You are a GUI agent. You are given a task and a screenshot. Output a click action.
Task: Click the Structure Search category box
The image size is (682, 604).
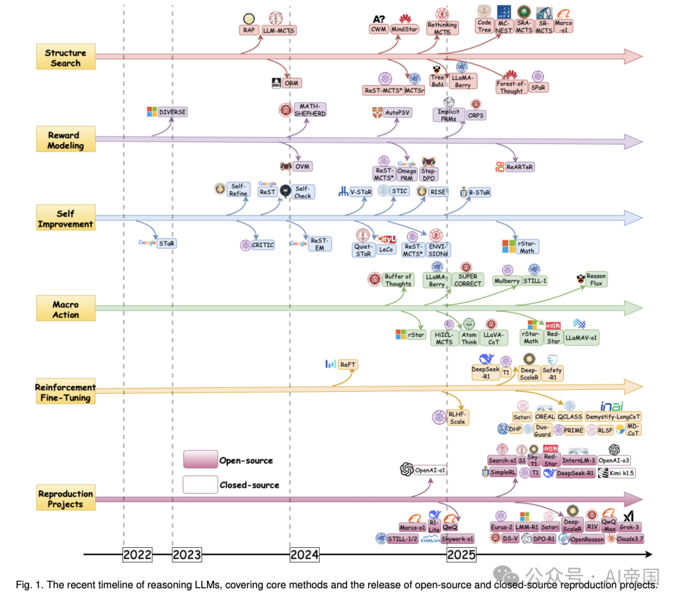[66, 57]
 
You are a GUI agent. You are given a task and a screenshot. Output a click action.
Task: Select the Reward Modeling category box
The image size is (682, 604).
[66, 140]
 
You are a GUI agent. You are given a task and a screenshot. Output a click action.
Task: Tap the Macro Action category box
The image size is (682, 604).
[66, 310]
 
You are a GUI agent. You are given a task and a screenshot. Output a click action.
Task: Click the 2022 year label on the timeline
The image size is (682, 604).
[138, 555]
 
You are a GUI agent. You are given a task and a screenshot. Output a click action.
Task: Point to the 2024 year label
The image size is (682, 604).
[304, 555]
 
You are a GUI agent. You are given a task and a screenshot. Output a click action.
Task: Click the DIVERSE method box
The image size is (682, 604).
[172, 112]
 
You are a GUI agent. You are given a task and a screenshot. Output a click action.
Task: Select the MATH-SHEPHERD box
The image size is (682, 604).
[310, 109]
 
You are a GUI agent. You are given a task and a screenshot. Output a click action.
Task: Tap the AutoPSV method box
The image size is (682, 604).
[398, 112]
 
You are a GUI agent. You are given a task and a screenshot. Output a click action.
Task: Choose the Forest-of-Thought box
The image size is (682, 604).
[512, 87]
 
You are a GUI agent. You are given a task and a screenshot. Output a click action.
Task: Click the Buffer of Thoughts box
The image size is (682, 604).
[398, 280]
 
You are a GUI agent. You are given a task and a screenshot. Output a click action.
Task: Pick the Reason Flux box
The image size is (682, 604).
[596, 279]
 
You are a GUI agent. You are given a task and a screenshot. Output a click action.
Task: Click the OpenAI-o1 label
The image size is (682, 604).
[431, 470]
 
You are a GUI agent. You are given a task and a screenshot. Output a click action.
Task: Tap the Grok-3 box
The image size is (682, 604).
[629, 526]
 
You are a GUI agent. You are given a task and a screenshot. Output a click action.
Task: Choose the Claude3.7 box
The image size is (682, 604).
[629, 539]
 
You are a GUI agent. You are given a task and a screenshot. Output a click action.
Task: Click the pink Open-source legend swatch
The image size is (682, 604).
[200, 459]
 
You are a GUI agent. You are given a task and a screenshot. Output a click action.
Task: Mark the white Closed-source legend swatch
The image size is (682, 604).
[200, 485]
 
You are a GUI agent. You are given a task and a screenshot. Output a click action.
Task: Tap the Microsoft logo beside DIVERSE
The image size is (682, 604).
[152, 112]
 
